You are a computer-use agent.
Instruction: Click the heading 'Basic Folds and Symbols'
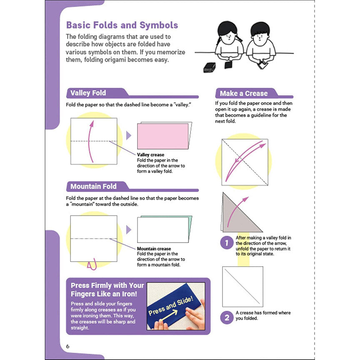pos(122,25)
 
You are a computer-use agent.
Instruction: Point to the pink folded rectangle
pos(163,136)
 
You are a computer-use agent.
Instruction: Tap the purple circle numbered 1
pos(227,242)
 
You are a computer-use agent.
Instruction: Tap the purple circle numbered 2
pos(227,317)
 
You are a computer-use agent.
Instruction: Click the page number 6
pos(67,346)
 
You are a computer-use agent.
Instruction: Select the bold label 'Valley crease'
pos(150,155)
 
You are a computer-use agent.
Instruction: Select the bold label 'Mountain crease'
pos(154,249)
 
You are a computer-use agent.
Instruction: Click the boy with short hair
pos(260,44)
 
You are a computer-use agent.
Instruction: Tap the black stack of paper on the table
pos(210,67)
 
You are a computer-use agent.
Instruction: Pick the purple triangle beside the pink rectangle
pos(129,135)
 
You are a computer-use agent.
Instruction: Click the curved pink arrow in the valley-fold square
pos(90,141)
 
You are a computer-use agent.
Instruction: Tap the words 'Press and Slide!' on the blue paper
pos(171,306)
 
